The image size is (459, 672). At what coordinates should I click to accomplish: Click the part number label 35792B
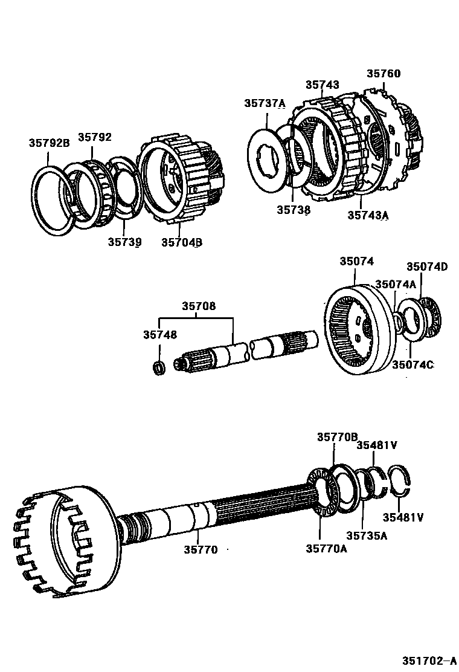click(x=49, y=143)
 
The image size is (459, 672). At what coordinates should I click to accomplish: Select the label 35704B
click(x=181, y=242)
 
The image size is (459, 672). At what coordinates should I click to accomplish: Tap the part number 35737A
click(x=265, y=103)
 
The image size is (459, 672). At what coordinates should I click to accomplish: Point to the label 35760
click(x=384, y=74)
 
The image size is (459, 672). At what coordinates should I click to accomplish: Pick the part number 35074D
click(x=426, y=267)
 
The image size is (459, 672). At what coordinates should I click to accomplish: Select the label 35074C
click(x=412, y=364)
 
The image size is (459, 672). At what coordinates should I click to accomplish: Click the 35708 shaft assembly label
click(x=199, y=306)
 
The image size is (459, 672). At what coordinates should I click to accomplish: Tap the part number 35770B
click(x=338, y=437)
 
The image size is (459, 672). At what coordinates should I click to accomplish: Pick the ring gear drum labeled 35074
click(x=359, y=329)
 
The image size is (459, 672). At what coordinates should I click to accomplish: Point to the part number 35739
click(x=124, y=242)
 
